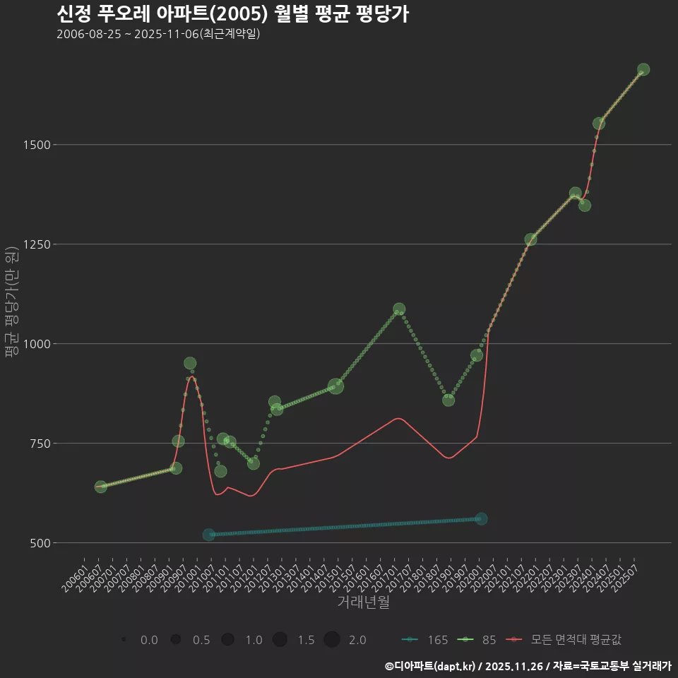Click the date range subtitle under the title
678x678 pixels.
[158, 34]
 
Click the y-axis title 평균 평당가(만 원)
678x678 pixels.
[12, 304]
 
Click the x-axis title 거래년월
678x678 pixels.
[363, 602]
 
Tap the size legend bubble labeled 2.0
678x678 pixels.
[332, 640]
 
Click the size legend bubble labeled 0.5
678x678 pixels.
[176, 640]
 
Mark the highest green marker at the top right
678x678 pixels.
[643, 69]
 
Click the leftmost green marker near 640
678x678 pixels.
[100, 487]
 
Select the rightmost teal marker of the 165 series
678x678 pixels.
[482, 518]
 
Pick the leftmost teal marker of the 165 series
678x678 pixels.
[208, 535]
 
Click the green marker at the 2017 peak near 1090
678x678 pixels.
[399, 309]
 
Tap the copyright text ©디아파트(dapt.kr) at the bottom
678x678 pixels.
[431, 666]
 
